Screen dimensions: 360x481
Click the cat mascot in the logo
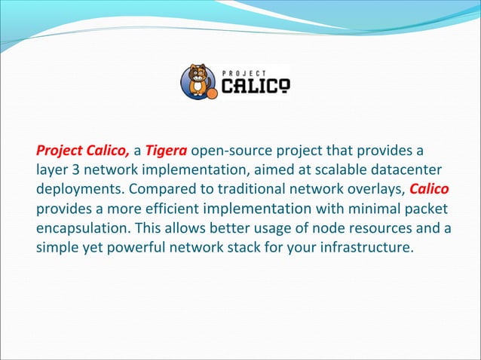pyautogui.click(x=198, y=81)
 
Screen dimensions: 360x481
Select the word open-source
pyautogui.click(x=228, y=148)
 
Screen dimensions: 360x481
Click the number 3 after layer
pyautogui.click(x=75, y=168)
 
